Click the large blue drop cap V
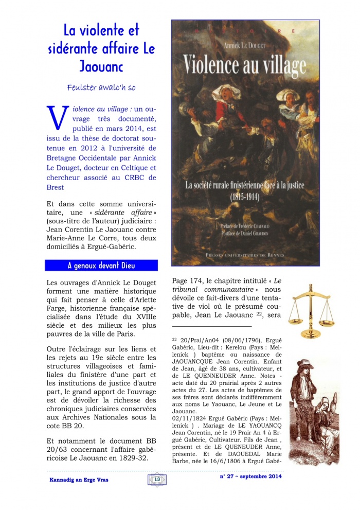pyautogui.click(x=57, y=117)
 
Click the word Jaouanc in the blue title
pyautogui.click(x=109, y=66)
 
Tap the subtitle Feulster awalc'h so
pyautogui.click(x=101, y=87)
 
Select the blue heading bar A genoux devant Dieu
pyautogui.click(x=101, y=266)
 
